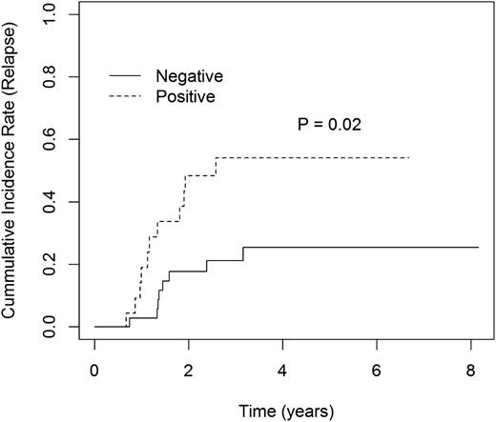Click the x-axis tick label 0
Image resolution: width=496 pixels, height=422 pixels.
coord(94,369)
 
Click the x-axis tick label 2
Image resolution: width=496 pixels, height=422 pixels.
coord(188,369)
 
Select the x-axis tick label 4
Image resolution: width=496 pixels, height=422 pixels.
coord(282,369)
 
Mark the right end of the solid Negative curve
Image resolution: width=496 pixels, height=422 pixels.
coord(478,248)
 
